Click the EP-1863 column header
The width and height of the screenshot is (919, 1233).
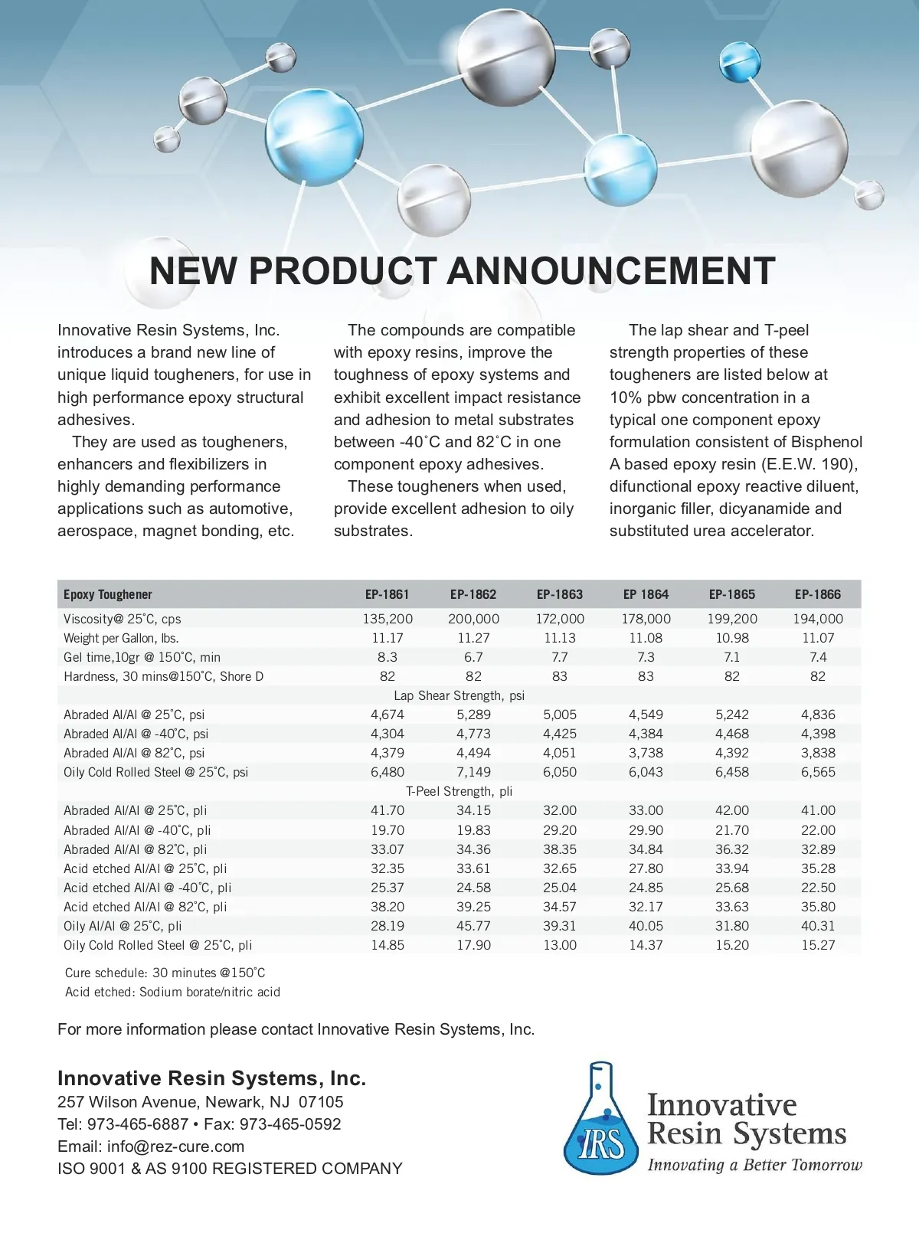click(560, 594)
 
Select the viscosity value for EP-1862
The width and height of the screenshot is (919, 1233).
click(473, 619)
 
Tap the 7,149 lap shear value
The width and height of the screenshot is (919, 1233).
click(473, 772)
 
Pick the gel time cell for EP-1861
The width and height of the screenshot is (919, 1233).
click(388, 657)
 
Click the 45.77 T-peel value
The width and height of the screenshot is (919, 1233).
click(473, 926)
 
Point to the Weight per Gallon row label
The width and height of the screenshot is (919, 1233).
click(121, 638)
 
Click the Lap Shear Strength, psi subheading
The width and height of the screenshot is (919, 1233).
click(459, 695)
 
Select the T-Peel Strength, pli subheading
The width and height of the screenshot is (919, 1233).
click(459, 791)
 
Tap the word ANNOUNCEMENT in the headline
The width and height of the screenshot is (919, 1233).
click(610, 271)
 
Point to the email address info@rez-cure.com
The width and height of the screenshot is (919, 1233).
click(175, 1146)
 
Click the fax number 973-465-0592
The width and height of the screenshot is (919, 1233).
click(290, 1124)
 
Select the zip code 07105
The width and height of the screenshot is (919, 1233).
click(321, 1102)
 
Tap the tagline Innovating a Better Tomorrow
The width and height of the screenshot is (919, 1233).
click(754, 1166)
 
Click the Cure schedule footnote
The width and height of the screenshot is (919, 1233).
click(165, 973)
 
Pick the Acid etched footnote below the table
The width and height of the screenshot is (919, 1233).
click(173, 992)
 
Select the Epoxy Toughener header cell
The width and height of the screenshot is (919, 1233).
click(108, 594)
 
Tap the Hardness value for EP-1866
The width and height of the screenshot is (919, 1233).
click(818, 676)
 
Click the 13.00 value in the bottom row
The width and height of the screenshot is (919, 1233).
click(560, 945)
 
